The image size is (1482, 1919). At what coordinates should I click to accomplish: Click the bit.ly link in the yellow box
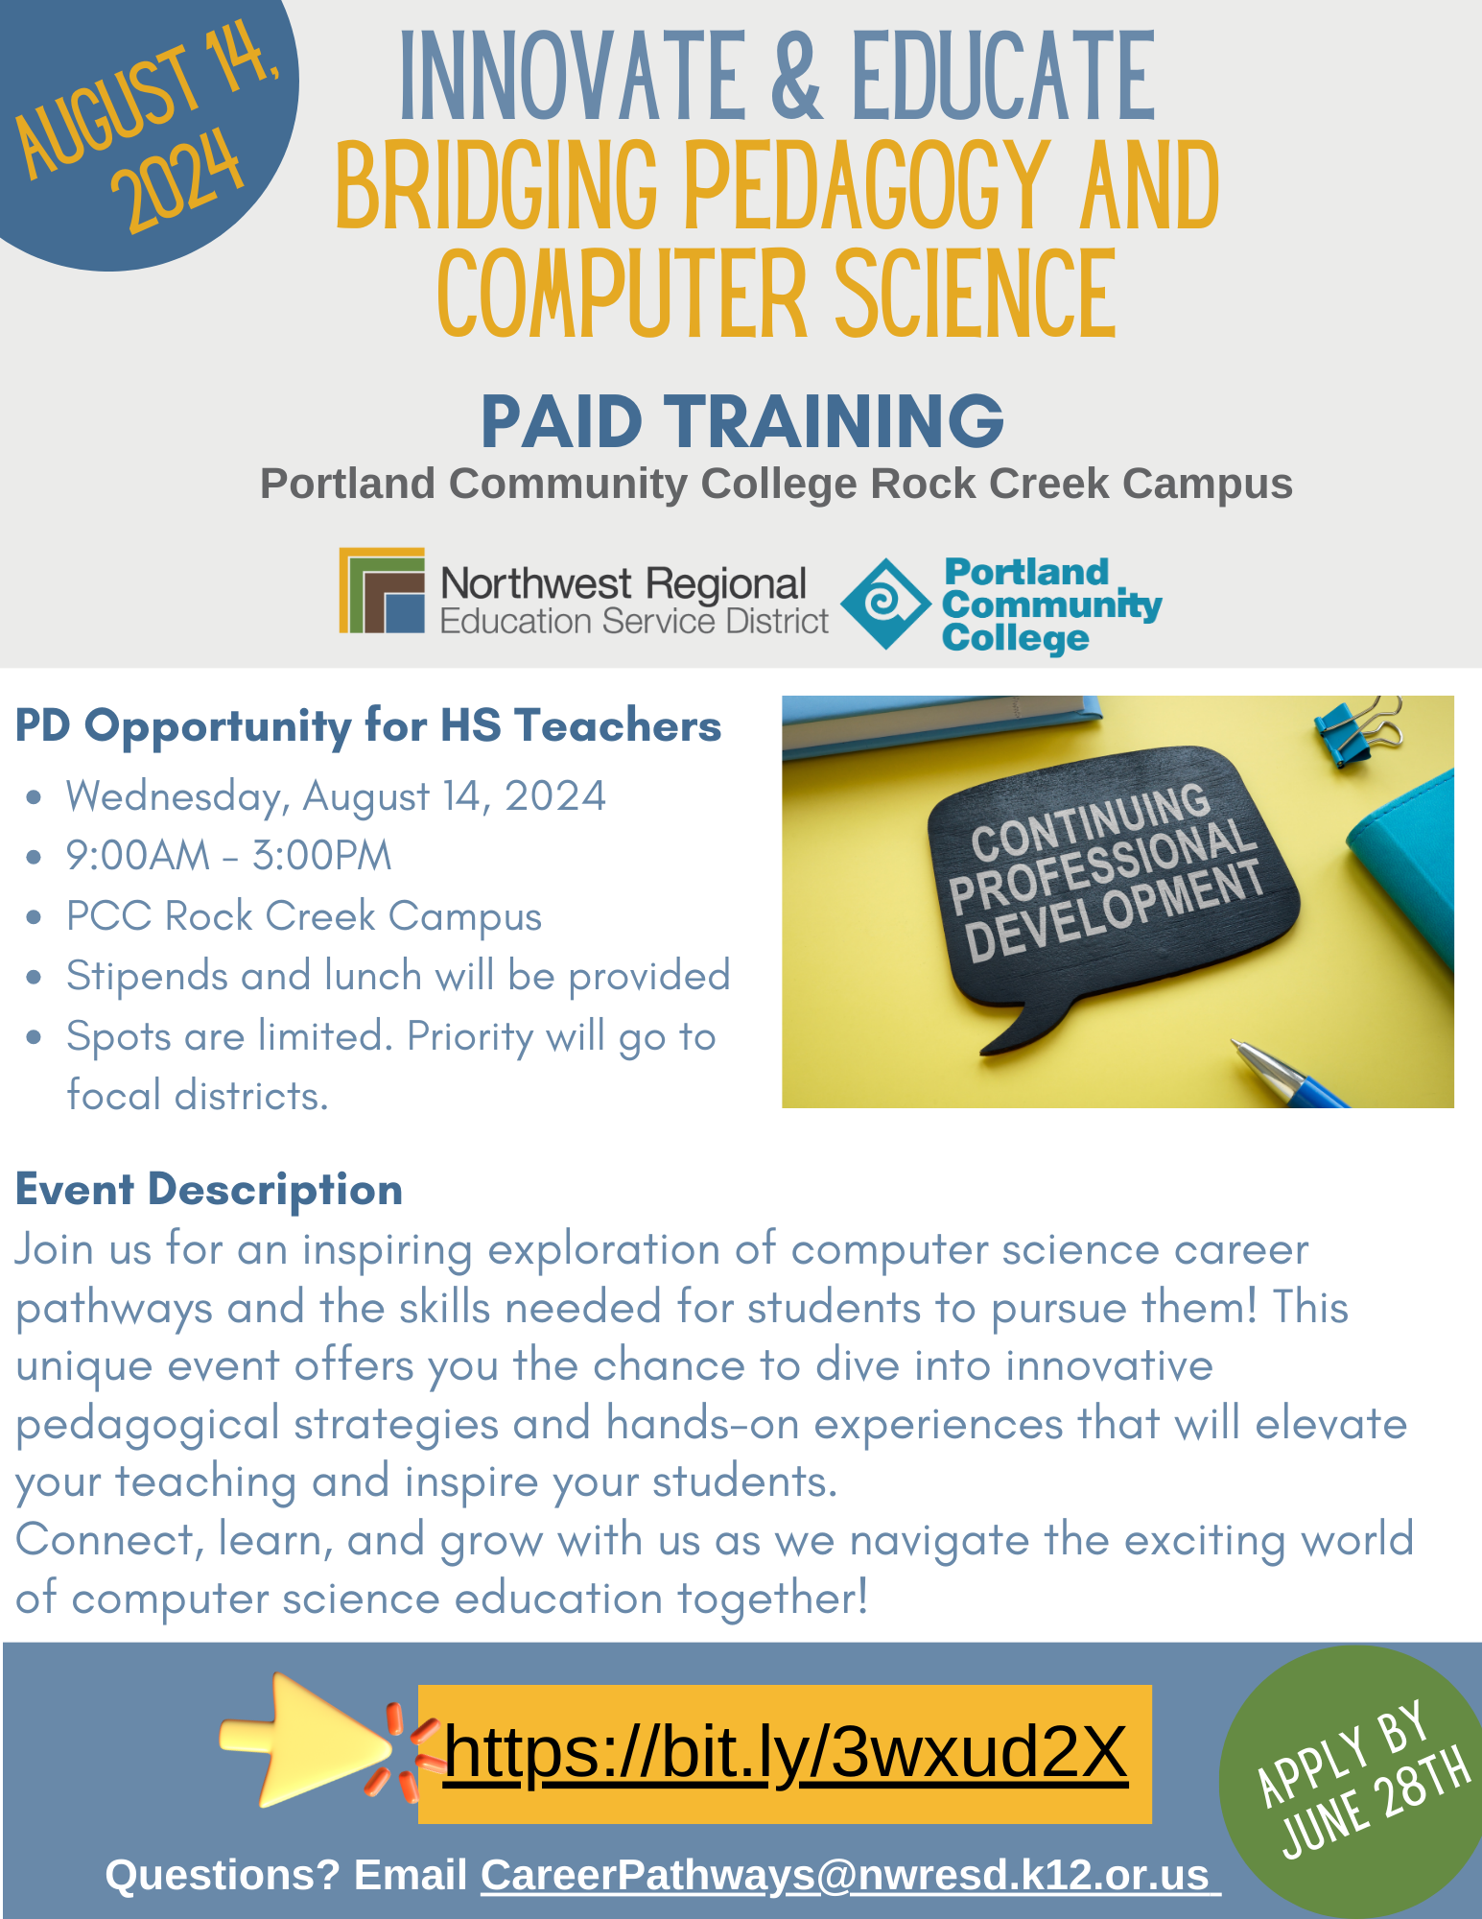[785, 1752]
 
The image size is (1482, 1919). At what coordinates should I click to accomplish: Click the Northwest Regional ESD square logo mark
[382, 590]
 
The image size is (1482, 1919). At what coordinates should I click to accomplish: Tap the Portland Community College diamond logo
[885, 604]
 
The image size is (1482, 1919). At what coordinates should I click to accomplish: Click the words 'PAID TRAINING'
[742, 421]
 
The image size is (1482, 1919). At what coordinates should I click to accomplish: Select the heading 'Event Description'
[209, 1190]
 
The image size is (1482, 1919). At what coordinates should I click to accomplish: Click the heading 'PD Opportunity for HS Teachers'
[368, 725]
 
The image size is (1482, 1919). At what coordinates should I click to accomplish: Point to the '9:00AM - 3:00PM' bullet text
[228, 855]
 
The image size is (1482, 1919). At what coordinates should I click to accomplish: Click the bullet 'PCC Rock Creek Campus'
[303, 915]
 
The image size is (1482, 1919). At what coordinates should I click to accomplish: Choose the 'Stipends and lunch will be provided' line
[398, 976]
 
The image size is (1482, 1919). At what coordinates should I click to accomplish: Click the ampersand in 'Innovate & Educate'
[796, 77]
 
